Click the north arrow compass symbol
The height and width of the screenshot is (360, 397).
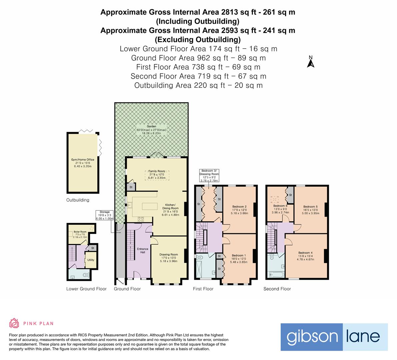[311, 62]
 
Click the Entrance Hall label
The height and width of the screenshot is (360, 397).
[143, 250]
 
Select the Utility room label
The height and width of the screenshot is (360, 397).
[91, 260]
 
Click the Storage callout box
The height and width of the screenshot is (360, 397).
[104, 215]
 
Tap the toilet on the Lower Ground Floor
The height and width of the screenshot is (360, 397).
[86, 275]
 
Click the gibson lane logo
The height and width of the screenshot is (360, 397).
[334, 337]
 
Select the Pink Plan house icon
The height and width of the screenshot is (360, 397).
[14, 323]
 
